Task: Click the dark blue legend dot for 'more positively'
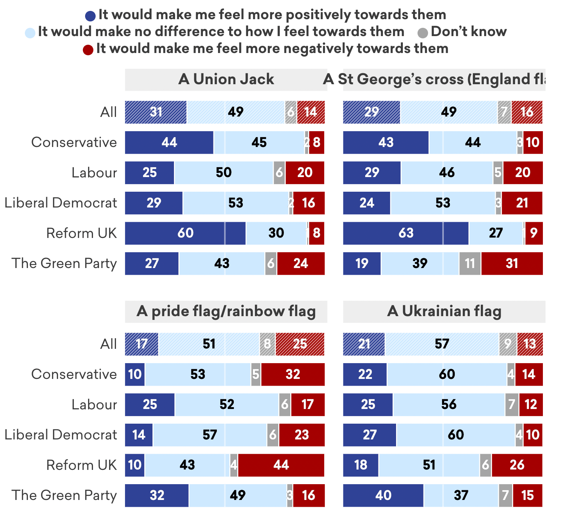[90, 16]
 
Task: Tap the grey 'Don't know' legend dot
[423, 33]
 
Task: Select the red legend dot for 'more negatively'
[88, 50]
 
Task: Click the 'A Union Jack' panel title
[226, 79]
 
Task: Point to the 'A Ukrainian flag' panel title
[444, 311]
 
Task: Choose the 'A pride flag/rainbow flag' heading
[226, 311]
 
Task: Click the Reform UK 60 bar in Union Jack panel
[185, 233]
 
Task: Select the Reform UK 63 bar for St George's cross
[405, 233]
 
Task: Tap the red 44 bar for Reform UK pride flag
[281, 465]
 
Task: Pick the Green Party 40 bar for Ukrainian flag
[383, 495]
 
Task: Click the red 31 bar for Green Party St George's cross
[512, 264]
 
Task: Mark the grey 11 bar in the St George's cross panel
[469, 264]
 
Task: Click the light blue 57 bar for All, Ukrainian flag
[442, 344]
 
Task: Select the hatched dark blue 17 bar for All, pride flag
[142, 344]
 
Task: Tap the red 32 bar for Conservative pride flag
[293, 374]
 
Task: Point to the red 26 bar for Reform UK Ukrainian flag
[517, 465]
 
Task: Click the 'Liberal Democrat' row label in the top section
[61, 203]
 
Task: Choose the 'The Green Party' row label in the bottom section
[64, 495]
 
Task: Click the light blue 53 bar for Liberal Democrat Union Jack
[236, 203]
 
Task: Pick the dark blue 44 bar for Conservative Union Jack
[169, 142]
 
